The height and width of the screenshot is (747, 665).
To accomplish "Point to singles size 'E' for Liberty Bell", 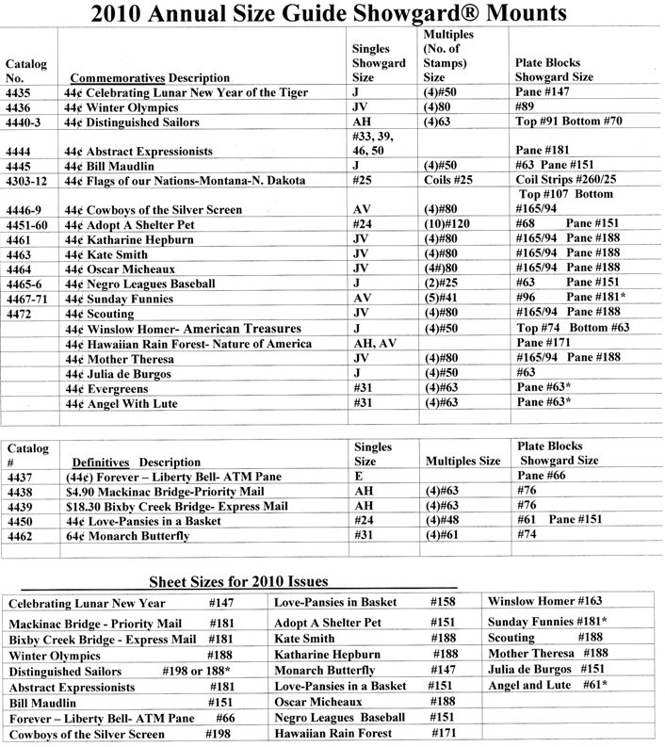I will tap(355, 477).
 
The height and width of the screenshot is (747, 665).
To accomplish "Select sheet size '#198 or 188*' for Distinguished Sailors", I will tap(226, 672).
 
